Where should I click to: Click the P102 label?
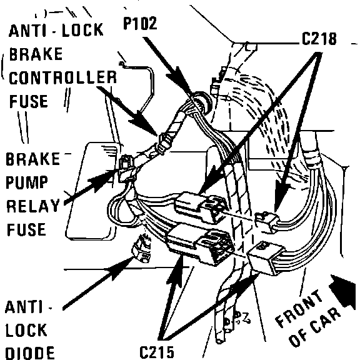pyautogui.click(x=140, y=23)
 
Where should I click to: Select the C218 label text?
pyautogui.click(x=319, y=38)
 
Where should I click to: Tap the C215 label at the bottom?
pyautogui.click(x=157, y=352)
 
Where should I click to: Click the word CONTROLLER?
pyautogui.click(x=62, y=77)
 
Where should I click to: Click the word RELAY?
pyautogui.click(x=33, y=206)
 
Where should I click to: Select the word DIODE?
pyautogui.click(x=29, y=353)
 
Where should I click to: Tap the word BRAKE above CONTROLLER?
pyautogui.click(x=36, y=54)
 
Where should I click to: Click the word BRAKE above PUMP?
pyautogui.click(x=33, y=159)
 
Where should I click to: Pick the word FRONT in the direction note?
pyautogui.click(x=299, y=308)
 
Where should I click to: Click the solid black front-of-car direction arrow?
pyautogui.click(x=342, y=290)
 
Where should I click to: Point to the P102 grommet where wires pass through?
pyautogui.click(x=200, y=101)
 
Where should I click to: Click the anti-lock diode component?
pyautogui.click(x=141, y=249)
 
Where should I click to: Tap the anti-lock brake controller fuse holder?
pyautogui.click(x=164, y=143)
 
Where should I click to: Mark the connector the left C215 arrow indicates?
pyautogui.click(x=200, y=244)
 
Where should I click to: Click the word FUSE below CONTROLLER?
pyautogui.click(x=29, y=101)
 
